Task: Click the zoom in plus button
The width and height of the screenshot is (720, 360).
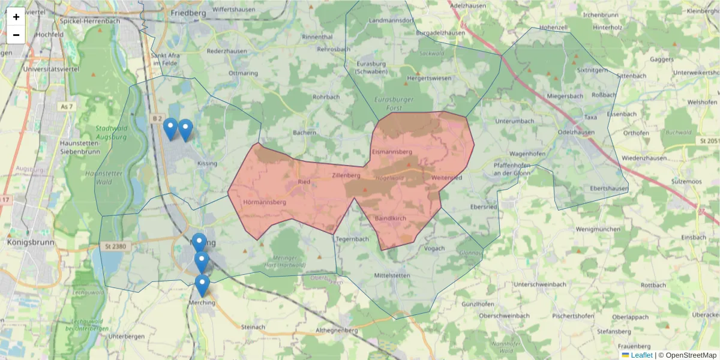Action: point(16,17)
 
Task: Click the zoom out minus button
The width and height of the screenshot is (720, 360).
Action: point(16,35)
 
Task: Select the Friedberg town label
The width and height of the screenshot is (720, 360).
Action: point(188,12)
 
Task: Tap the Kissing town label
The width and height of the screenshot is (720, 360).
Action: point(207,163)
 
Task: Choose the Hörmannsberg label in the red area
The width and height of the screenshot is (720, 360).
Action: point(265,202)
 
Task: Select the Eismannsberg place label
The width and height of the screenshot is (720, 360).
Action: point(391,152)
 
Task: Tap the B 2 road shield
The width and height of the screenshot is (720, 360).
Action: point(157,119)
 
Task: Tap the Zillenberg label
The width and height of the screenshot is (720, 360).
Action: point(345,176)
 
